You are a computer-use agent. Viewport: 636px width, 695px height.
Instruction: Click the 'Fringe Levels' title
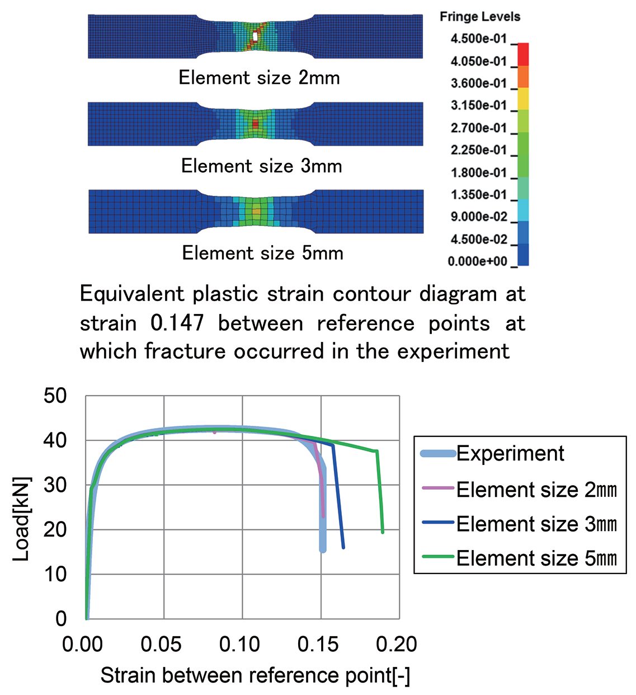coord(479,17)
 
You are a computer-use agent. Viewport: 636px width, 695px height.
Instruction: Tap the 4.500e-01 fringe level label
coord(478,39)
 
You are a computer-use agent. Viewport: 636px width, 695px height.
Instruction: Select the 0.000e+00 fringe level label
coord(477,261)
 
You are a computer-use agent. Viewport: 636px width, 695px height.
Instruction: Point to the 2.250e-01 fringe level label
coord(478,150)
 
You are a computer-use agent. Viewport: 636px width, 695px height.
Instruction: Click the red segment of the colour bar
coord(523,54)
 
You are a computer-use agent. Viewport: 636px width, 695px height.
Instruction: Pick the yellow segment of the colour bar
coord(523,98)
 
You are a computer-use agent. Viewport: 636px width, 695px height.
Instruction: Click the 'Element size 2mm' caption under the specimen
coord(259,77)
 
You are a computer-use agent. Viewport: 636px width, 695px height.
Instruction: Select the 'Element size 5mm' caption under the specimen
coord(262,253)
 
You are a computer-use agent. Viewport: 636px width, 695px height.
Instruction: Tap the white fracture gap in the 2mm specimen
coord(255,36)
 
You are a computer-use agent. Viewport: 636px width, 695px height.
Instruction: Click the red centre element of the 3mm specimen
coord(256,123)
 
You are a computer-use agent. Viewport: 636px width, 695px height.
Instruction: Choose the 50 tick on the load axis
coord(55,396)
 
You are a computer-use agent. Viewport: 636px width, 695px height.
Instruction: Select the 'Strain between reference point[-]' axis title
coord(255,676)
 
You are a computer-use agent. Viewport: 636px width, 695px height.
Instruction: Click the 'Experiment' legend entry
coord(510,454)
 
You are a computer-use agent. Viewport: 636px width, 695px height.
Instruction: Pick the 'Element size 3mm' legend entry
coord(536,524)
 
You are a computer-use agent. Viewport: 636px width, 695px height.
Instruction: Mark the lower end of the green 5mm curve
coord(383,532)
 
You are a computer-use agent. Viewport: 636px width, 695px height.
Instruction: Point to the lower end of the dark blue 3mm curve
coord(343,547)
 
